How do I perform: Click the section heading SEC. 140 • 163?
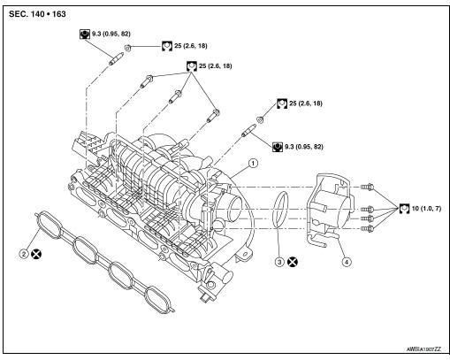click(x=41, y=15)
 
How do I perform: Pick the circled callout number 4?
click(x=347, y=262)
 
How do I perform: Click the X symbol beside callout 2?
click(x=37, y=253)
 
